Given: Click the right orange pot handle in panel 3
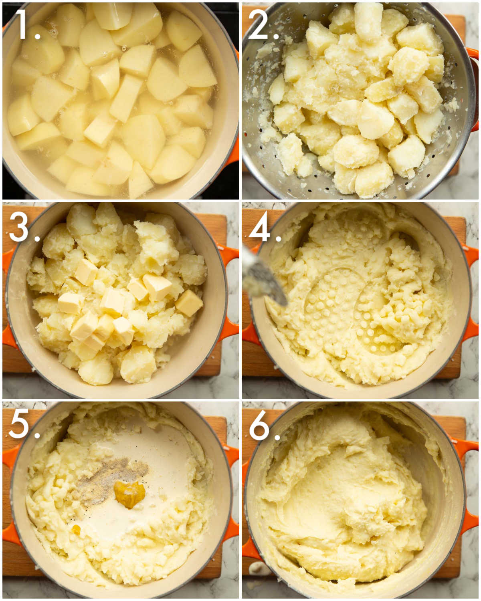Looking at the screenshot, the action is (x=228, y=293).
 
